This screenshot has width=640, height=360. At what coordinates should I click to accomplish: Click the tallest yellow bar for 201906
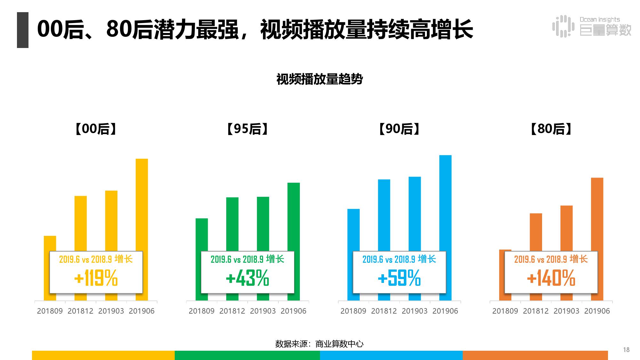click(142, 205)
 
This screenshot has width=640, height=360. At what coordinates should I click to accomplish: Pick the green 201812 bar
click(232, 224)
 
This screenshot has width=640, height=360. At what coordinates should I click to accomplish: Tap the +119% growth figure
click(96, 278)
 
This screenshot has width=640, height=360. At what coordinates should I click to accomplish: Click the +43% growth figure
click(247, 278)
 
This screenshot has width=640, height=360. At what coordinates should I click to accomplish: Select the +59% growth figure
click(399, 278)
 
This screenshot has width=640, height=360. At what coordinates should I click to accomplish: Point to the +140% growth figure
click(551, 278)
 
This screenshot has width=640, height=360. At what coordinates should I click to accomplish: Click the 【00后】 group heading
click(96, 129)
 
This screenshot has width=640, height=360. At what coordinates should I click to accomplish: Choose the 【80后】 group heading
click(551, 129)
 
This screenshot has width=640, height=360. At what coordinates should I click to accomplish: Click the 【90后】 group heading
click(399, 129)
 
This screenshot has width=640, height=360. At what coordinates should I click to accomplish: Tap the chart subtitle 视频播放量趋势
click(319, 79)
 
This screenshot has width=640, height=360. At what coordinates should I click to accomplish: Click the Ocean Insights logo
click(592, 26)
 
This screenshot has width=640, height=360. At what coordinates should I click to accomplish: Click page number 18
click(626, 350)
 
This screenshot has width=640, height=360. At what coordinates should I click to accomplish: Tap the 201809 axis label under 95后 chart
click(202, 311)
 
